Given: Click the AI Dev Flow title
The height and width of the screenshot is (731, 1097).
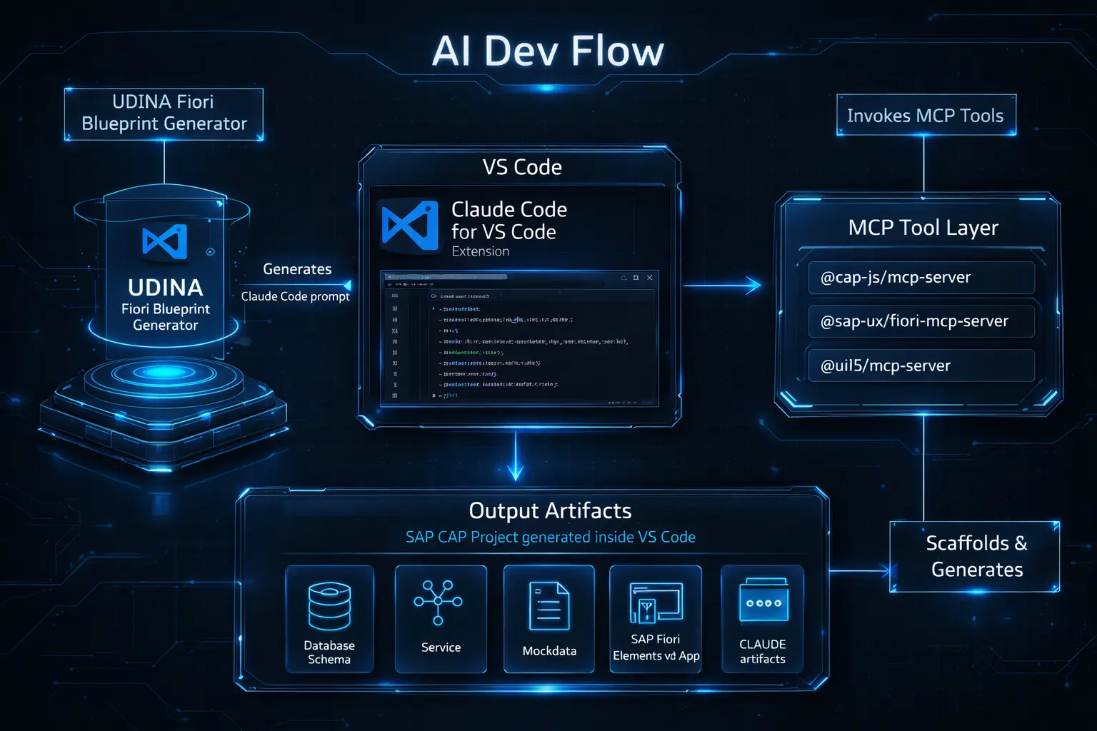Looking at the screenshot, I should click(548, 51).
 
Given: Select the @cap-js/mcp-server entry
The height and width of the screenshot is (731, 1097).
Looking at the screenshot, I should click(921, 278).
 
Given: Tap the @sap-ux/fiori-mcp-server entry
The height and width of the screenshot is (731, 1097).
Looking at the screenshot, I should click(921, 321).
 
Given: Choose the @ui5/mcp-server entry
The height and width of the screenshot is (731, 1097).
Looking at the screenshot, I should click(921, 365).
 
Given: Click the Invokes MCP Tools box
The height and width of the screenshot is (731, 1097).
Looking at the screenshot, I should click(926, 116).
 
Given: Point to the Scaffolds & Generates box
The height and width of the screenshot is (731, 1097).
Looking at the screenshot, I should click(976, 557).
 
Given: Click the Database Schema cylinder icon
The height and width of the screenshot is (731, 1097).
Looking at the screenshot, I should click(329, 606).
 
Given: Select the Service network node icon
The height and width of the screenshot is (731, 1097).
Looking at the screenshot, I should click(439, 603).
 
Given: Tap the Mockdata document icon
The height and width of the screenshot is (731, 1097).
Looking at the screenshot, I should click(548, 606).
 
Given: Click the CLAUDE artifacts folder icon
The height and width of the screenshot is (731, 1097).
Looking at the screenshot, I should click(763, 600).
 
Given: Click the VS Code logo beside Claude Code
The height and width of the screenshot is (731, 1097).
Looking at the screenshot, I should click(410, 225).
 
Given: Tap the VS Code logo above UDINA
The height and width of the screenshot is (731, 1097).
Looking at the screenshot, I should click(165, 241).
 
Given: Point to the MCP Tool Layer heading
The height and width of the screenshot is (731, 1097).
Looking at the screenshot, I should click(923, 228).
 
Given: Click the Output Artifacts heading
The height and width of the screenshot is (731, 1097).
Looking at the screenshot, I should click(550, 511).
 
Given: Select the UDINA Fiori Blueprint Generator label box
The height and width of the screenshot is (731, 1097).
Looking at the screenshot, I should click(164, 114).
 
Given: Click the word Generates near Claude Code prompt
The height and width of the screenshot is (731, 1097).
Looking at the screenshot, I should click(297, 269).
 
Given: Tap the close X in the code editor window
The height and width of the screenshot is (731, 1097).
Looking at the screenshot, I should click(649, 278).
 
